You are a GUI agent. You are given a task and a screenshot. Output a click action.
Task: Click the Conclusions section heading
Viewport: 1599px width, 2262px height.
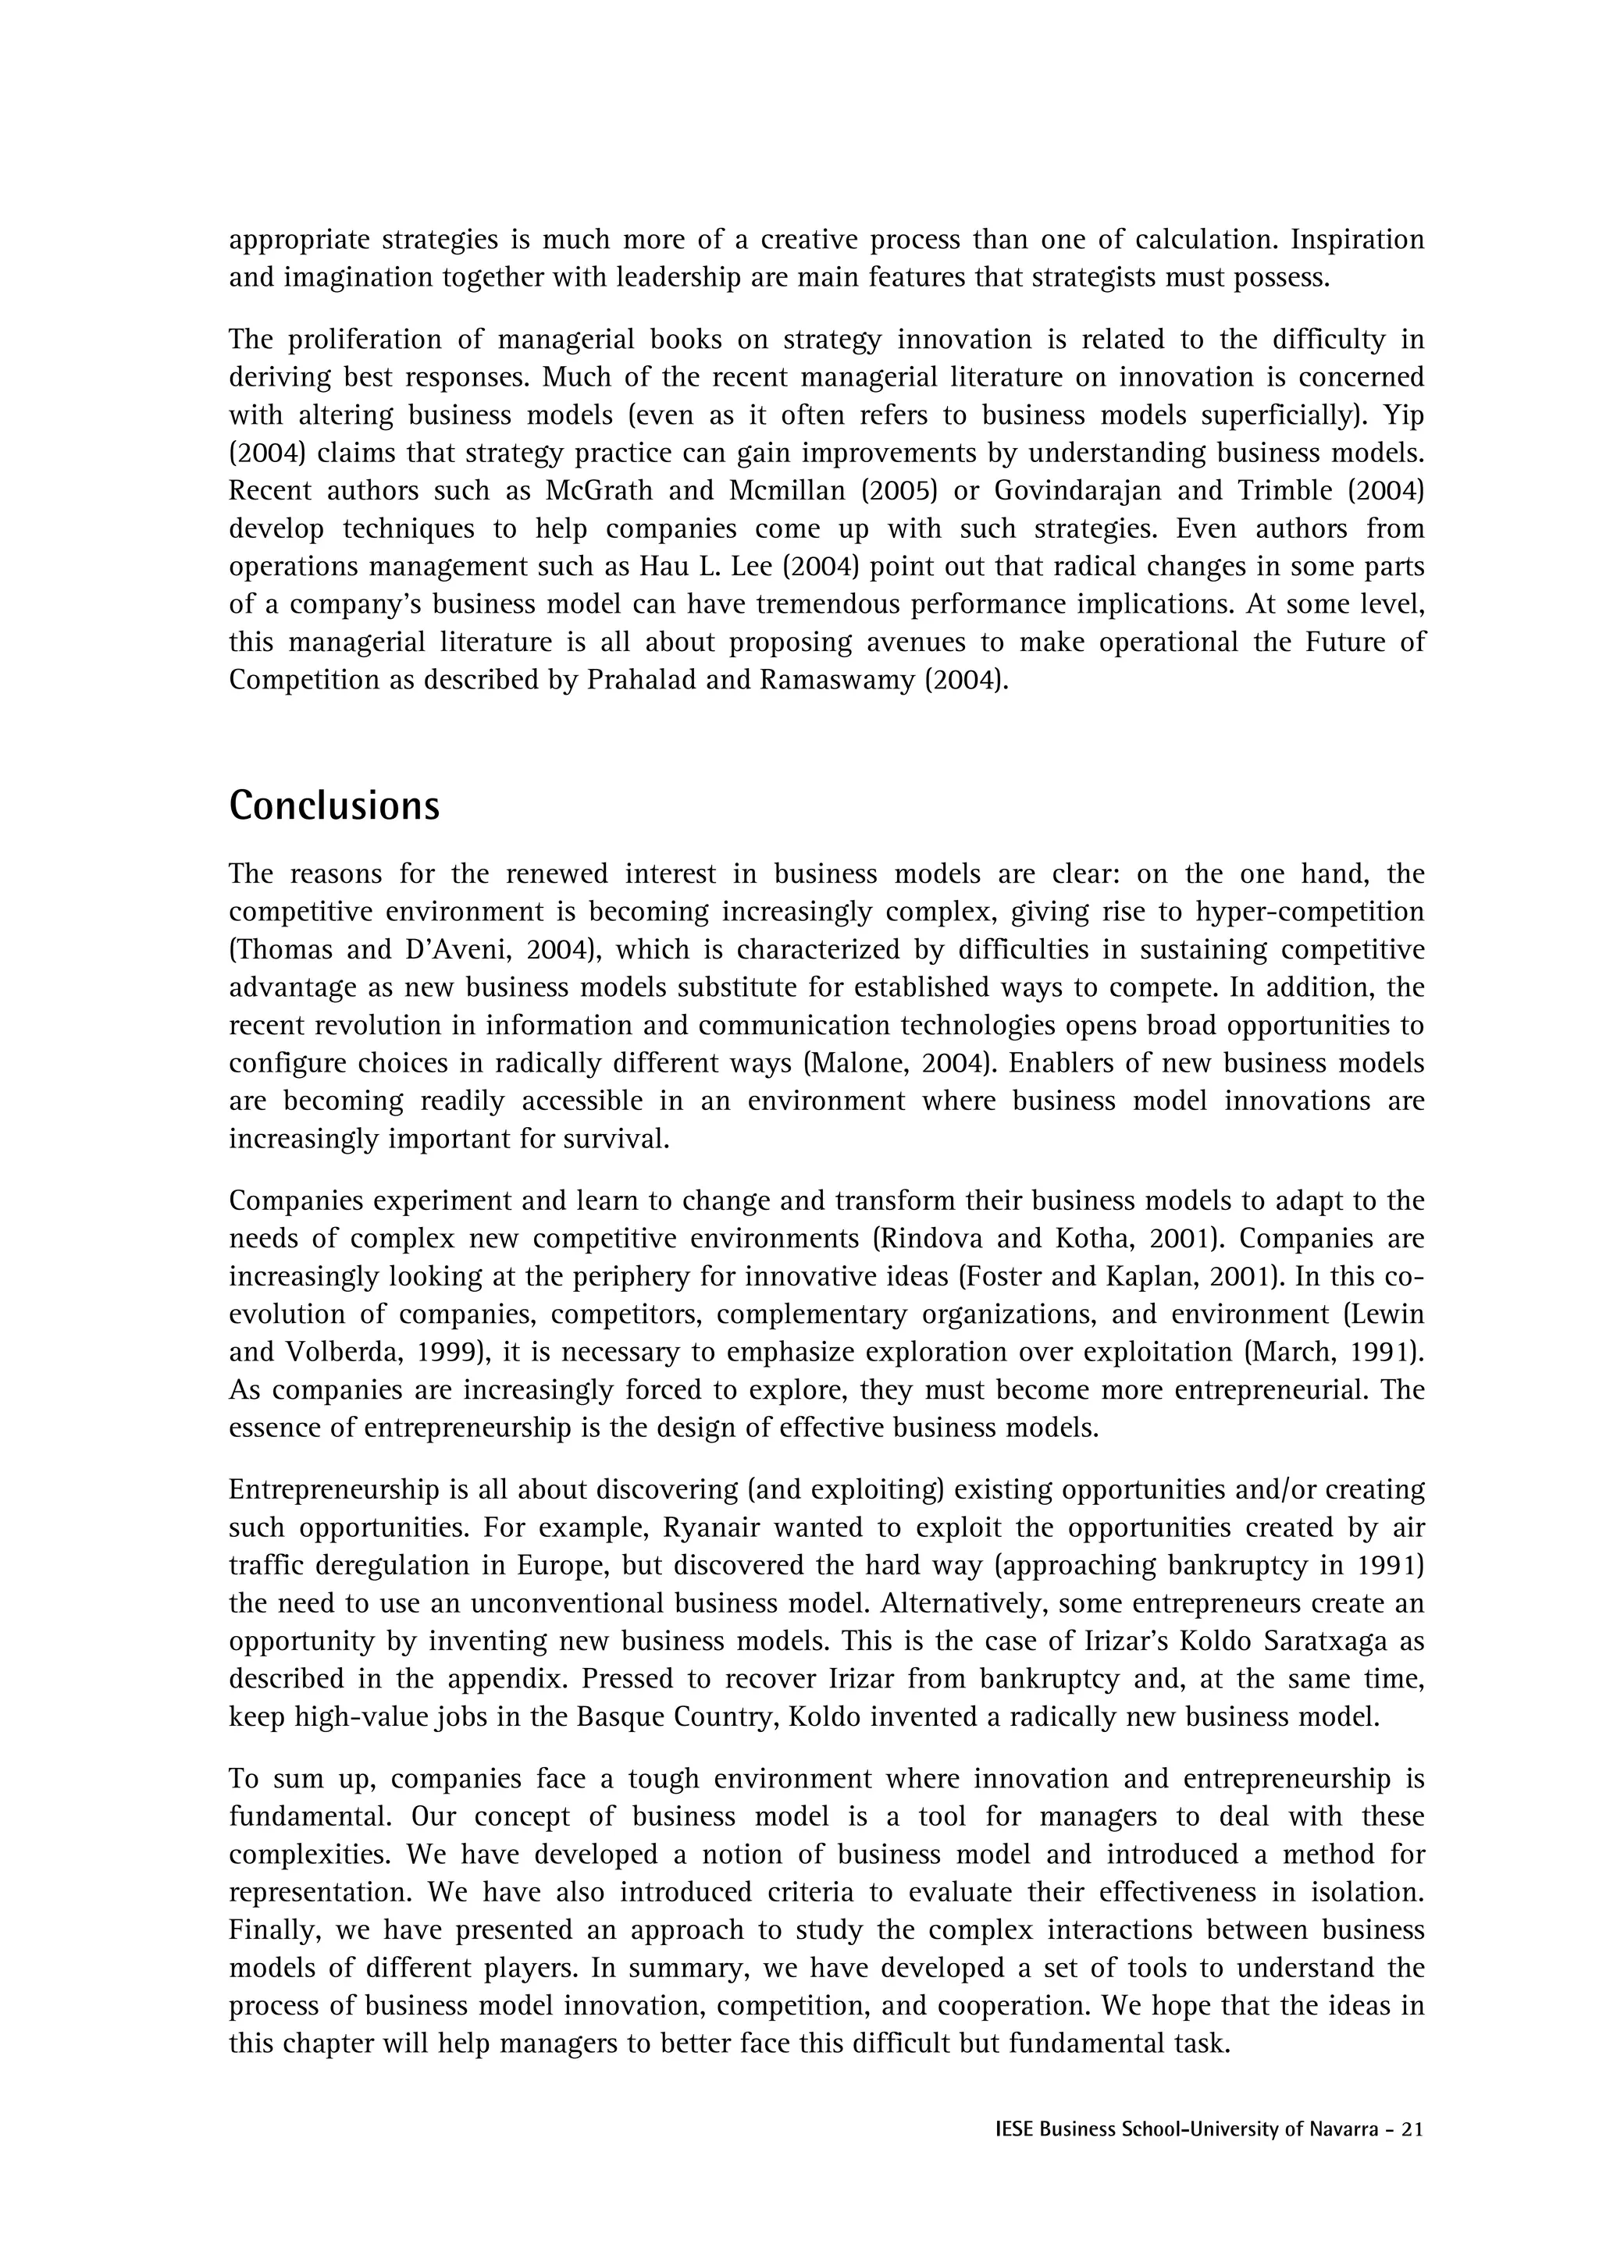(334, 806)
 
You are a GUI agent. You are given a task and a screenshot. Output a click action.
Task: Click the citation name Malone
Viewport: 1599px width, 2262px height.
(851, 1064)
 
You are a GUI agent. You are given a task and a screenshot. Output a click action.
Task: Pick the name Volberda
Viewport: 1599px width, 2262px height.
(335, 1352)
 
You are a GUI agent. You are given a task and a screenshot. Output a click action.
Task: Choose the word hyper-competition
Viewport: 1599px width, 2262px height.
(1310, 912)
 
